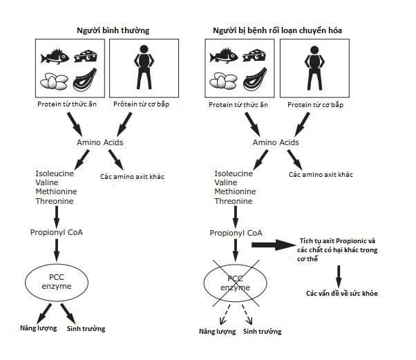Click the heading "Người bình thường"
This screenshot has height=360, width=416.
tap(113, 30)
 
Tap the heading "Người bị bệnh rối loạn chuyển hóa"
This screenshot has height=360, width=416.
tap(277, 30)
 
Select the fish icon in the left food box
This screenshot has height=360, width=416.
tap(55, 57)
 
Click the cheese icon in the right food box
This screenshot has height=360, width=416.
tap(254, 55)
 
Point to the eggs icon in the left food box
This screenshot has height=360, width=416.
tap(54, 81)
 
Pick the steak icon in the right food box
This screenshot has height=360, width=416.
tap(255, 79)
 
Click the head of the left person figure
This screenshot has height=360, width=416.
tap(144, 49)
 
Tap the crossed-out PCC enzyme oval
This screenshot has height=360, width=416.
tap(236, 283)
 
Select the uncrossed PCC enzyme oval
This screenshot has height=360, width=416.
tap(57, 282)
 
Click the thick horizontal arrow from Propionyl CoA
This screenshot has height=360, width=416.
tap(274, 245)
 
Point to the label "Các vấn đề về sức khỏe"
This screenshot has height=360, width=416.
tap(341, 294)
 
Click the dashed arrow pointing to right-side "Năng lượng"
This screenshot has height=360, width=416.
tap(225, 314)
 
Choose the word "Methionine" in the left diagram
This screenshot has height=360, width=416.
tap(56, 191)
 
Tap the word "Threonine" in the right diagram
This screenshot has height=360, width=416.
tap(234, 201)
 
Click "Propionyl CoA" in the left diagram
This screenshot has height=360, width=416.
tap(57, 232)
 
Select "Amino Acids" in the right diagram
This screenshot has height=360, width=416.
tap(276, 142)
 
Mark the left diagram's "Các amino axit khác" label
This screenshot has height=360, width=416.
tap(132, 177)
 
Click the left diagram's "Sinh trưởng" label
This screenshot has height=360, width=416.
tap(86, 329)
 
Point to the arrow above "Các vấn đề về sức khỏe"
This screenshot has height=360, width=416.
tap(339, 276)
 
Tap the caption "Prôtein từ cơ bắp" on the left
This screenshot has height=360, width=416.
tap(141, 104)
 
